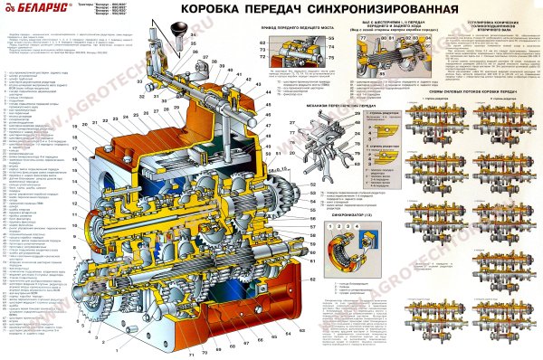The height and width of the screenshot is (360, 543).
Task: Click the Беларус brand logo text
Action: pos(28,8)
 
